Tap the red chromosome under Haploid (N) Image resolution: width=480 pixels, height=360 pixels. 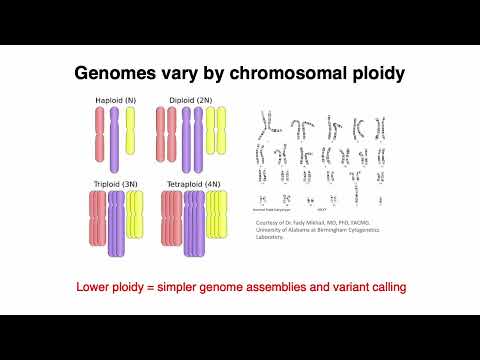point(99,132)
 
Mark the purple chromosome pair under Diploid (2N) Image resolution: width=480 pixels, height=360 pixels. point(191,140)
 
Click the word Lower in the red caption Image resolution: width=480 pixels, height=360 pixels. point(99,288)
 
